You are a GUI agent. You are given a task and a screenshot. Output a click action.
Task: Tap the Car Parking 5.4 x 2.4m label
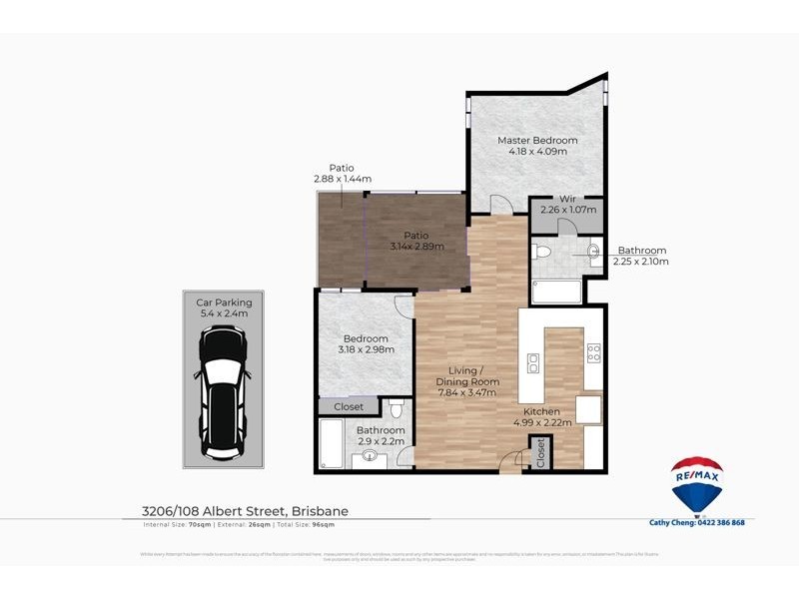pos(224,307)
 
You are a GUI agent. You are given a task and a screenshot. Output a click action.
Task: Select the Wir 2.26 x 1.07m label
pos(568,205)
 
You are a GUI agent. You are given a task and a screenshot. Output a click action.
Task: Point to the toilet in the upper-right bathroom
pos(541,252)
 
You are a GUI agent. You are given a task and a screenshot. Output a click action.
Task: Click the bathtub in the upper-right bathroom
pos(556,293)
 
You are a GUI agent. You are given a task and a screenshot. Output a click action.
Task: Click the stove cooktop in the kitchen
pos(593,351)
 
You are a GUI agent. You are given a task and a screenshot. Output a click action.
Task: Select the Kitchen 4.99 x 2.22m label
pos(543,417)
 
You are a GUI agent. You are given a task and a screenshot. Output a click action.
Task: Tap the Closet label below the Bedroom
pos(348,406)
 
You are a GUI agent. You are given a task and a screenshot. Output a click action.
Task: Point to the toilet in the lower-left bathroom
pos(397,409)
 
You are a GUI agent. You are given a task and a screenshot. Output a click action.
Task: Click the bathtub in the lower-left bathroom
pos(331,444)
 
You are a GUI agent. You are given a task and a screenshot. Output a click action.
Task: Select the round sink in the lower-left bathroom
pos(372,458)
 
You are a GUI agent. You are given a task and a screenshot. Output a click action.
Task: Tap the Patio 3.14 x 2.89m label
pos(416,241)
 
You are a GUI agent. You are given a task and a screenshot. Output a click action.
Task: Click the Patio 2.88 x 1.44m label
pos(342,174)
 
